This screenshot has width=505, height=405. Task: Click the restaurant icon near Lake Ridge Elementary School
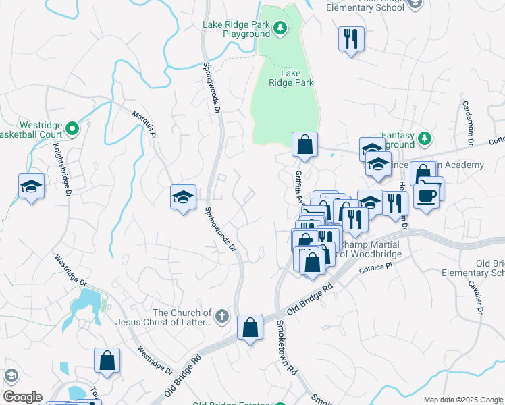[351, 38]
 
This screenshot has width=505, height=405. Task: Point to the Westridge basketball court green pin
[75, 126]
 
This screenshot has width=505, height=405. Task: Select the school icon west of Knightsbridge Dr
[31, 186]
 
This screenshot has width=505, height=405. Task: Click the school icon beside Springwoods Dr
[183, 197]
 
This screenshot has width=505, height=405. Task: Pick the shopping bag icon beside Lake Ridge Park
[304, 144]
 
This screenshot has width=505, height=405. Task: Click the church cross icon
[222, 315]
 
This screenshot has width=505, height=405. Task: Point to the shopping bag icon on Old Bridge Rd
[250, 328]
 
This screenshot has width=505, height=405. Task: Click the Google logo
[22, 397]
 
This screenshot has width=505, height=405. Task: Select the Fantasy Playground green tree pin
[424, 138]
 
